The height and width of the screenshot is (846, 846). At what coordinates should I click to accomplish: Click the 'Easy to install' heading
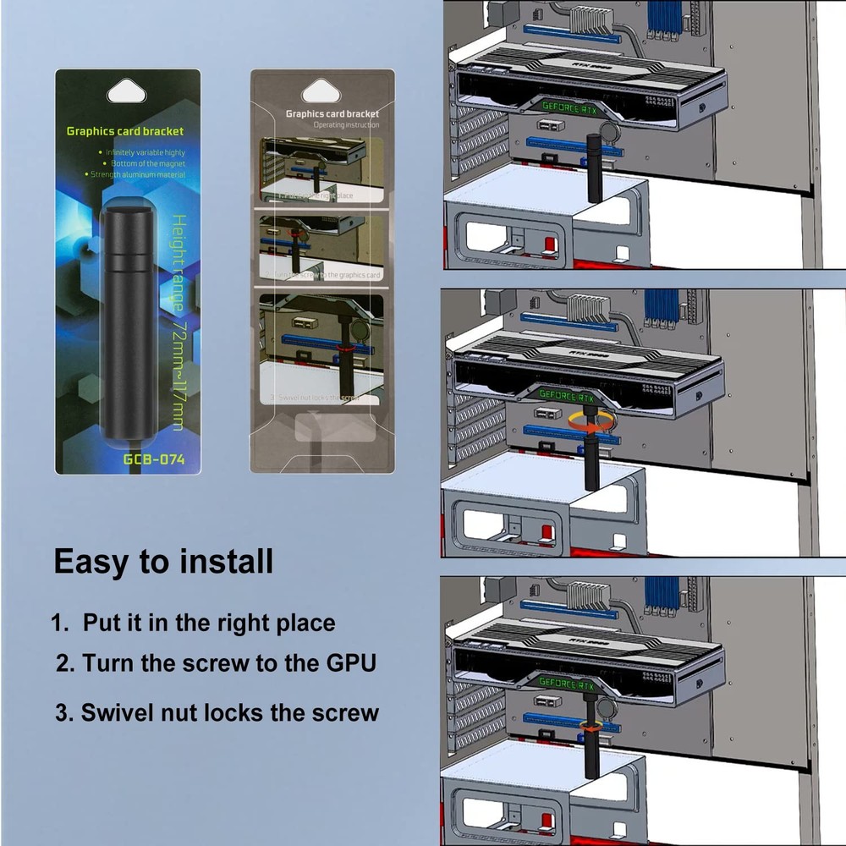(163, 562)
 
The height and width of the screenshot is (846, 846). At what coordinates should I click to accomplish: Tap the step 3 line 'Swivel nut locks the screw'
(217, 712)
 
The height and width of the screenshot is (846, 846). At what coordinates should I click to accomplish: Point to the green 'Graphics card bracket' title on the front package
(124, 131)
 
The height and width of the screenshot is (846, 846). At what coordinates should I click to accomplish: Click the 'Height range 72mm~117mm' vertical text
(179, 321)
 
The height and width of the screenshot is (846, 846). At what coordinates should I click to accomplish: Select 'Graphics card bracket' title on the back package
(332, 113)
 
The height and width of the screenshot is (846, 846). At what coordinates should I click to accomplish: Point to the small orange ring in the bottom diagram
(591, 726)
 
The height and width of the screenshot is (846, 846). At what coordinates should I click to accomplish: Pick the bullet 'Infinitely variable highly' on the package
(145, 152)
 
